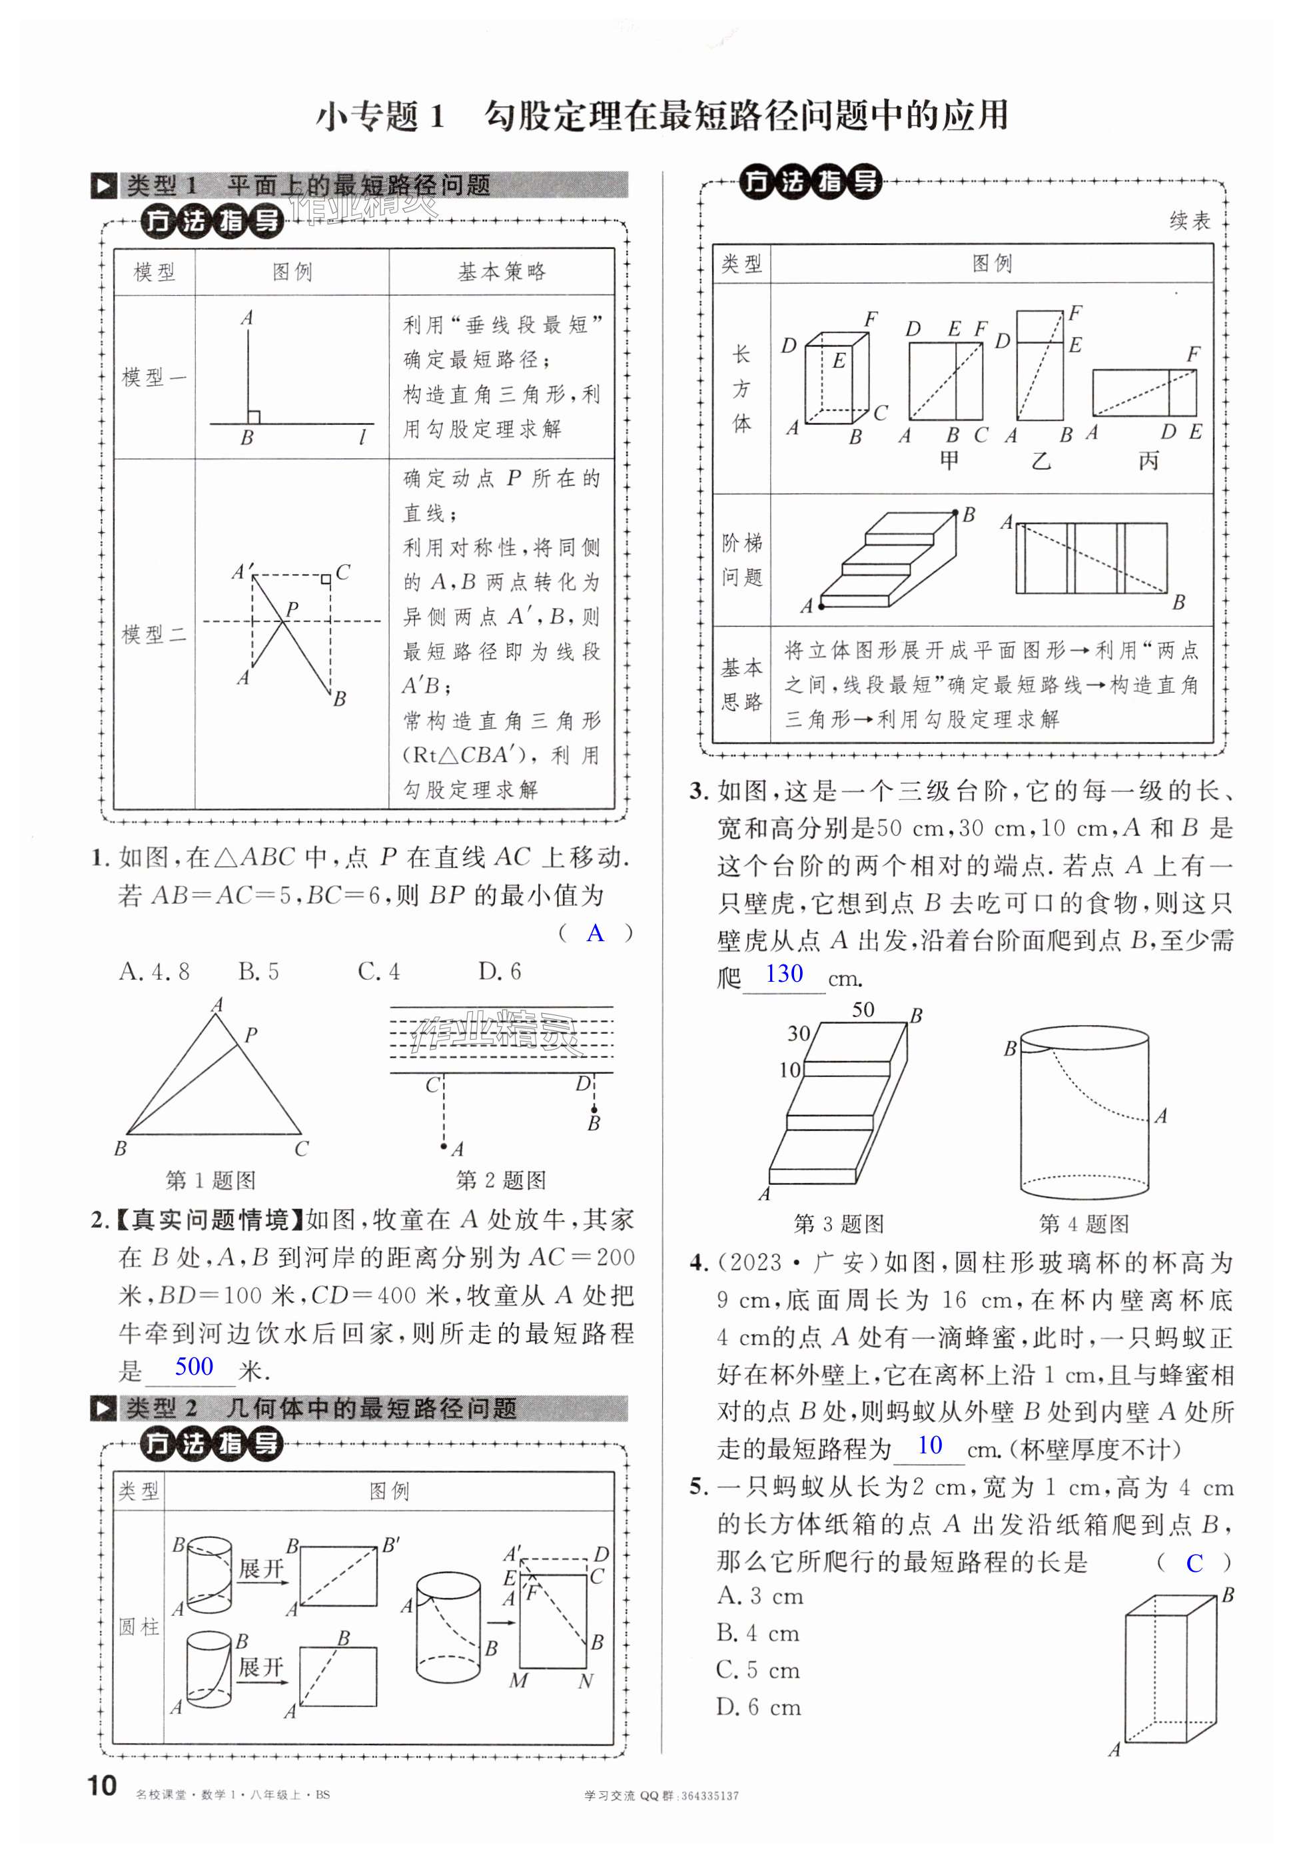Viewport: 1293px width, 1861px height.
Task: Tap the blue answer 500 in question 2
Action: (194, 1367)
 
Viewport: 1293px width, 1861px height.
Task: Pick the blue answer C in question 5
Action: (1194, 1563)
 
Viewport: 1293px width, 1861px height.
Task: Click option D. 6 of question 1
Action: (499, 971)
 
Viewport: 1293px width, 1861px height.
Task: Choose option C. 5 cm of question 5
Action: (758, 1670)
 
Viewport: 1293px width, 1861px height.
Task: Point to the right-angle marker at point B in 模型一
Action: (254, 417)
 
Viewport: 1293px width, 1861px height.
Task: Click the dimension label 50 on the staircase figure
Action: (863, 1009)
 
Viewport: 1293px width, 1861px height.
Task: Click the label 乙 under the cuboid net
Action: (1041, 462)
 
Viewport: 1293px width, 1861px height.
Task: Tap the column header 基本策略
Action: (502, 272)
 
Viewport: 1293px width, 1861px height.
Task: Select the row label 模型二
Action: (154, 634)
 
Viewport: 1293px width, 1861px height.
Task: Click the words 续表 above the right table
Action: (1189, 220)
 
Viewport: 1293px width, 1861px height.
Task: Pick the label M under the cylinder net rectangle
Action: (518, 1681)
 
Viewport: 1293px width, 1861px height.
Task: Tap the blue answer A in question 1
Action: (596, 933)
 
